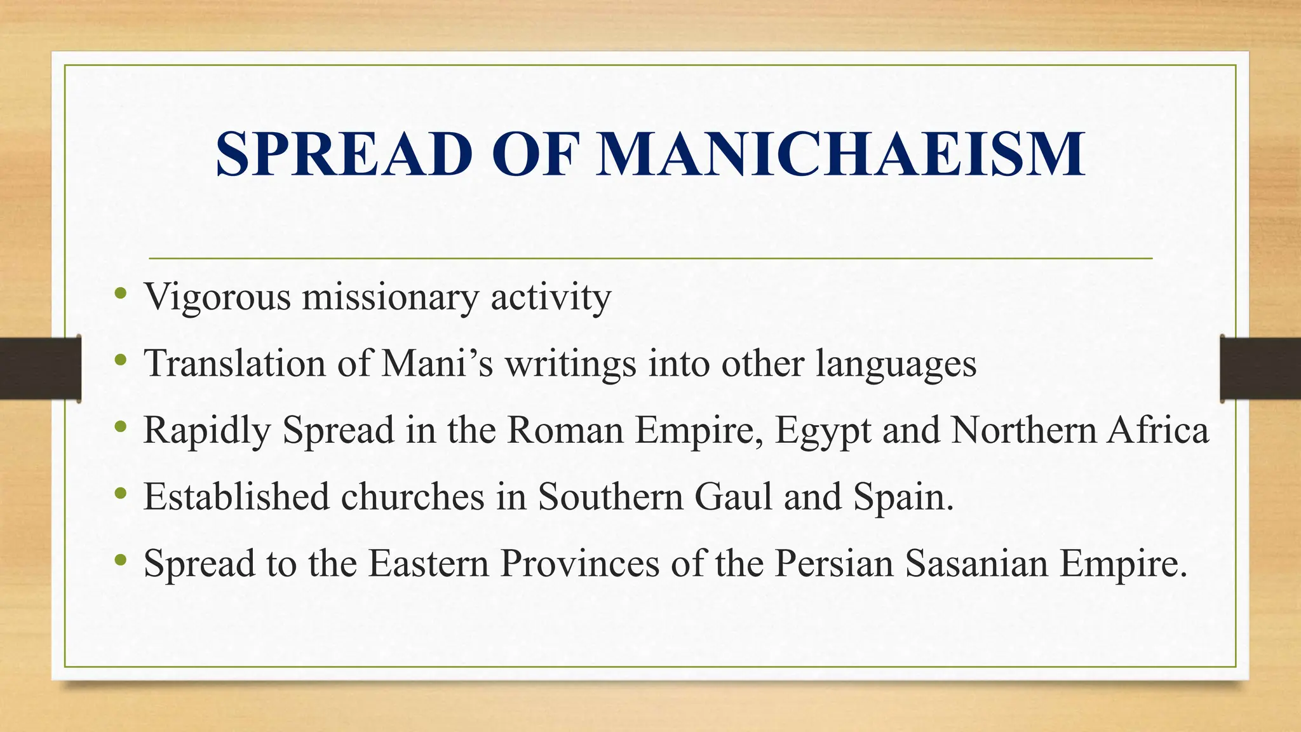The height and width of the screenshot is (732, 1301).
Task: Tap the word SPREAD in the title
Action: click(344, 154)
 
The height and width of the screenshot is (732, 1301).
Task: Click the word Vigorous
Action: click(217, 297)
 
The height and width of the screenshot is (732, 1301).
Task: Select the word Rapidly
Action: click(207, 431)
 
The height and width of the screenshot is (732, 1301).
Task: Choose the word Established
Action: click(236, 497)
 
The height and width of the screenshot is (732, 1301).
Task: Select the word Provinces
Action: click(579, 563)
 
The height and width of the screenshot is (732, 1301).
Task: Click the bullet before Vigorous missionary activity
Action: click(121, 294)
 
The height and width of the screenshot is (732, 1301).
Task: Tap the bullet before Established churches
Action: click(121, 494)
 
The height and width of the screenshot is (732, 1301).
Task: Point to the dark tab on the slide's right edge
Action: click(1260, 369)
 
